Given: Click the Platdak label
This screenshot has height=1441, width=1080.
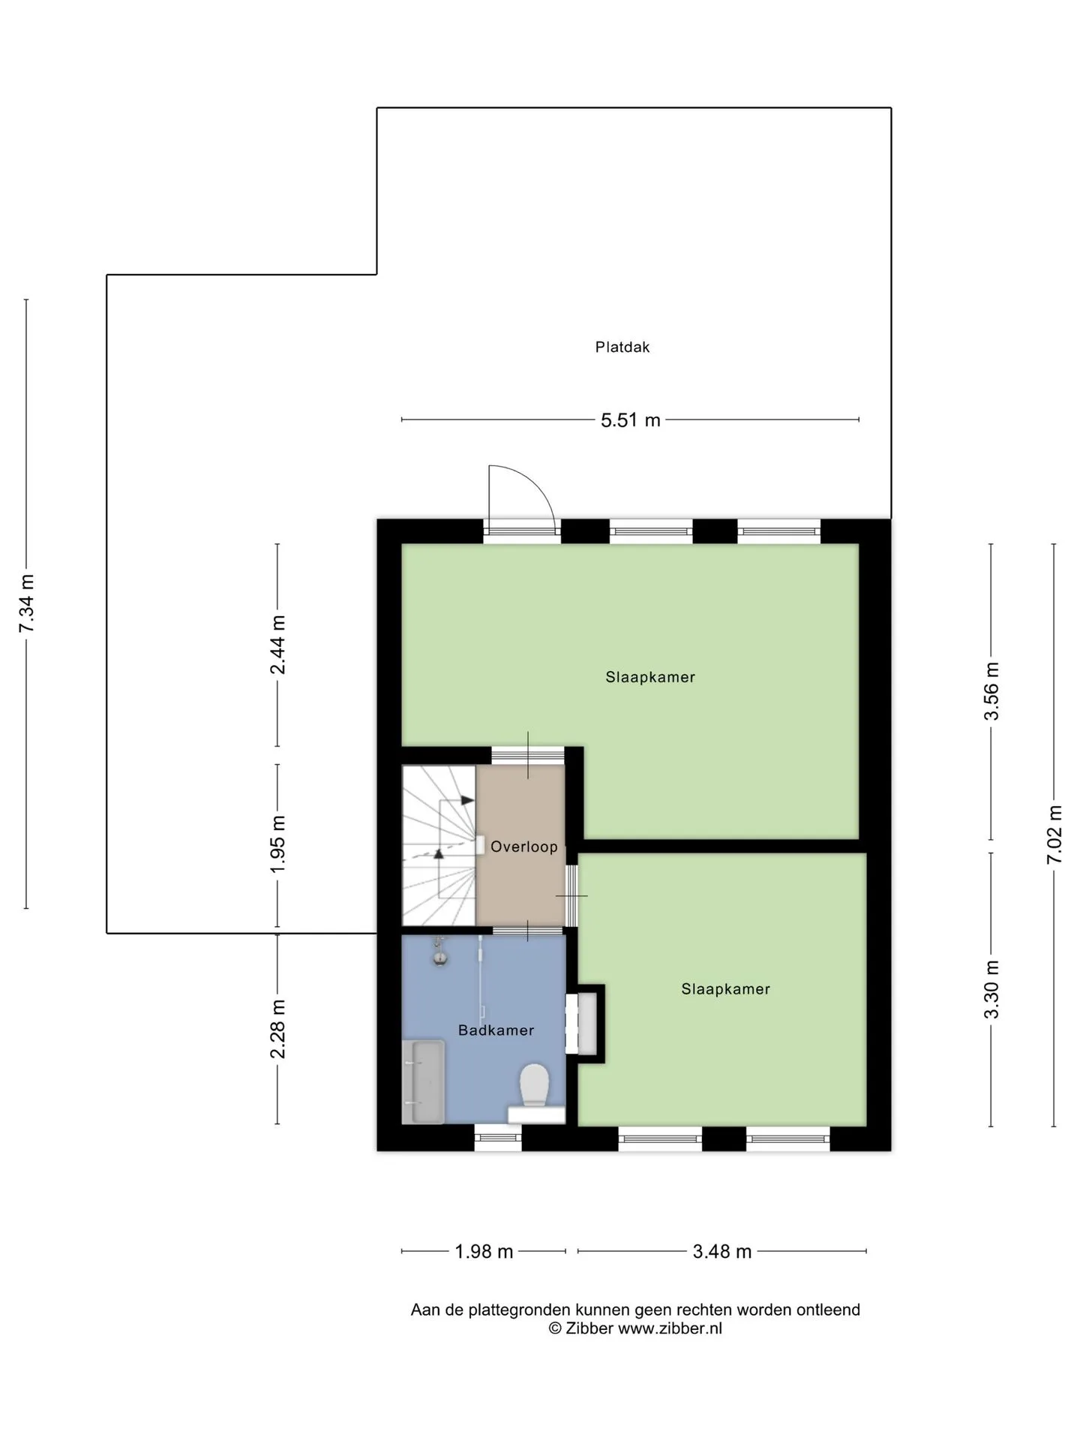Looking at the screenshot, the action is (x=622, y=347).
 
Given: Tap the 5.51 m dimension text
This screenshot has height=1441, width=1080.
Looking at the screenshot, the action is (x=630, y=420).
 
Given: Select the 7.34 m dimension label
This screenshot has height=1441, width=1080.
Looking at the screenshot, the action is (x=27, y=603).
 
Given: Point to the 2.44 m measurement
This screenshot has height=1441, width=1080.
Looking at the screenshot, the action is (x=278, y=645).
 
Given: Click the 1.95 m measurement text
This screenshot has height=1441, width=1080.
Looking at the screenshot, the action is (x=278, y=844).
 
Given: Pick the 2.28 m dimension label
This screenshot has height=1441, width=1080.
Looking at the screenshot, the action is (x=278, y=1029).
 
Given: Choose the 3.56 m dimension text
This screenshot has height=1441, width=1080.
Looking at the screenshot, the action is (x=991, y=691).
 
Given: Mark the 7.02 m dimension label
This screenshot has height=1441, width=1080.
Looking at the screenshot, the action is (x=1054, y=834).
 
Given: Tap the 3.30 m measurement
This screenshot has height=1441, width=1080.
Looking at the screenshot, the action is (x=991, y=989).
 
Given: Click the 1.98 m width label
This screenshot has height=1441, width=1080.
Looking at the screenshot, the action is (x=484, y=1251).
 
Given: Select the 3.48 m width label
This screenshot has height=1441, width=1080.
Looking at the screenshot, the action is (x=721, y=1251).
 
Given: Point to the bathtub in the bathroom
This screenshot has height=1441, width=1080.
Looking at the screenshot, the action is (x=424, y=1082).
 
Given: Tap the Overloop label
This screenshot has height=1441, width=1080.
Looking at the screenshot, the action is (x=524, y=847).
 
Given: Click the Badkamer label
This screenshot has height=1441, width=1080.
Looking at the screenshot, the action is (x=496, y=1030).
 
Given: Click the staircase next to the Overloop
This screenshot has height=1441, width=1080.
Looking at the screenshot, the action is (x=439, y=845).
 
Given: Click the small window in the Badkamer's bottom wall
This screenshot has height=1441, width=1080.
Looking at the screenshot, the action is (x=498, y=1138).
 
